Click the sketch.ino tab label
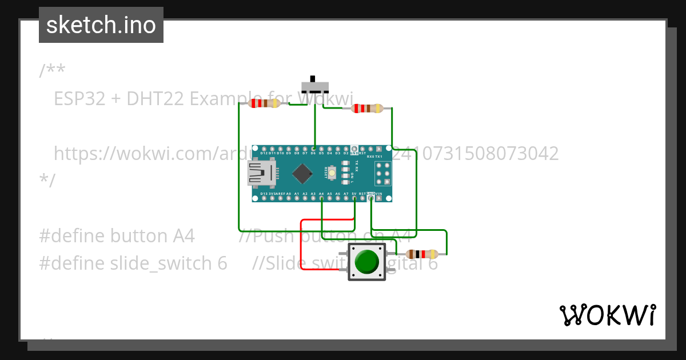point(101,25)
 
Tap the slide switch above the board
point(314,86)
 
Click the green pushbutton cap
point(366,262)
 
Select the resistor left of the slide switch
point(264,103)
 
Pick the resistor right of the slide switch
point(367,109)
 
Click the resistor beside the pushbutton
point(422,254)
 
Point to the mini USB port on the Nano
point(261,173)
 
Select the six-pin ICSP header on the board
point(383,173)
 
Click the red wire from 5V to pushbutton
point(301,246)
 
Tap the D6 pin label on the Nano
point(313,154)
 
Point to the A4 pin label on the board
point(321,194)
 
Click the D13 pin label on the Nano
point(264,194)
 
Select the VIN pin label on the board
point(379,194)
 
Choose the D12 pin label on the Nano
point(264,154)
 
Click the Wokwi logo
point(607,315)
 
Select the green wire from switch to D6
point(314,123)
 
